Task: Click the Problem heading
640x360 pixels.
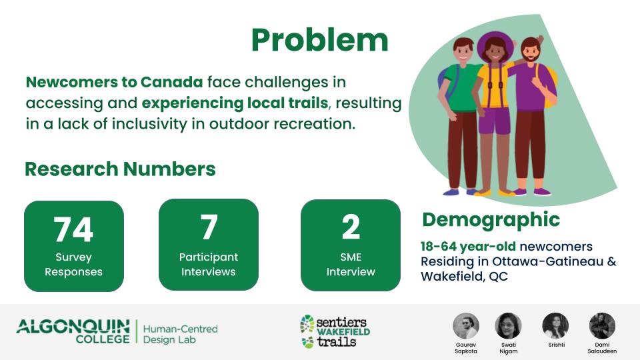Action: (319, 41)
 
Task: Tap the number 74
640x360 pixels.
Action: (73, 229)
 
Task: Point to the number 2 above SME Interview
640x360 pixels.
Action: (351, 227)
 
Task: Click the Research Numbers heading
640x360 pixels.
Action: (120, 169)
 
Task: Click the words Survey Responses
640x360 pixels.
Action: (73, 265)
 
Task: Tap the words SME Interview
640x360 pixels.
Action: (351, 265)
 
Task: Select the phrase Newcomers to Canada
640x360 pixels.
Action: (114, 82)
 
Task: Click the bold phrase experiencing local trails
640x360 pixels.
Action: (235, 103)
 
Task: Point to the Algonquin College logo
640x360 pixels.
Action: (73, 331)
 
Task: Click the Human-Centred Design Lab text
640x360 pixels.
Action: (181, 334)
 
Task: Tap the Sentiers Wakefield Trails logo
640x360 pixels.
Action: (335, 331)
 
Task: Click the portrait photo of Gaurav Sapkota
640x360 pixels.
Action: (466, 326)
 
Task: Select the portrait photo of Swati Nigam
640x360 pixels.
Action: (508, 326)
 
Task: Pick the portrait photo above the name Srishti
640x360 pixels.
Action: (555, 326)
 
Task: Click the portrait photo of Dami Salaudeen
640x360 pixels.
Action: (602, 326)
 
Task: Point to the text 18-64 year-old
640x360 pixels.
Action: (468, 247)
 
